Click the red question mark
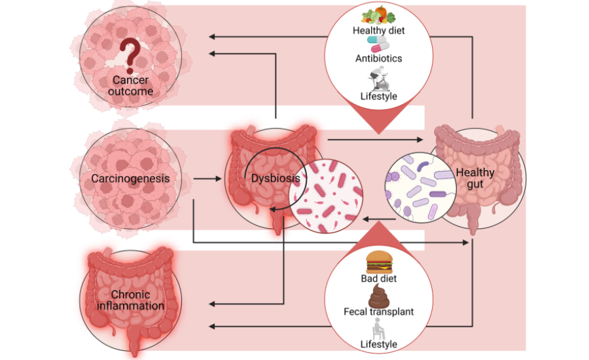click(x=130, y=56)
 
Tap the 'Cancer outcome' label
click(x=130, y=86)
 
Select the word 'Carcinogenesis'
click(x=130, y=178)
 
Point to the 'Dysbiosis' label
click(x=276, y=178)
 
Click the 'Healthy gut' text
click(x=475, y=178)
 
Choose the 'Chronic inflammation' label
click(x=130, y=300)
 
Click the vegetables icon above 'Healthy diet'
click(x=379, y=15)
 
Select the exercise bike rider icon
click(x=379, y=79)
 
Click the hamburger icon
click(x=380, y=262)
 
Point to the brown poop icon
click(x=379, y=296)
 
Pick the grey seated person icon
click(x=378, y=329)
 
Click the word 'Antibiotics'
click(x=379, y=58)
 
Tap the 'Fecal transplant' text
click(x=379, y=312)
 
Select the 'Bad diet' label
click(x=379, y=278)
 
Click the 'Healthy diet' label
click(x=379, y=31)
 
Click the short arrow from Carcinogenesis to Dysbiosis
click(x=207, y=179)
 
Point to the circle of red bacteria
click(x=326, y=196)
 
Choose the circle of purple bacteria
click(x=420, y=187)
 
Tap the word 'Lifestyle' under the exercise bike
click(x=379, y=96)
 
